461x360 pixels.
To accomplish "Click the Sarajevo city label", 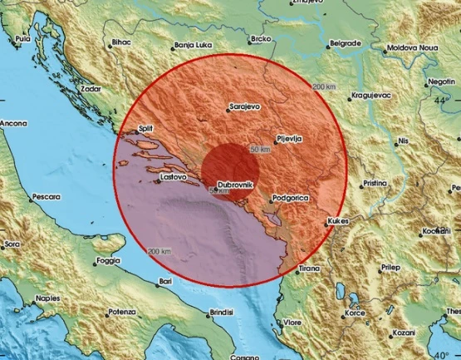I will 246,107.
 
